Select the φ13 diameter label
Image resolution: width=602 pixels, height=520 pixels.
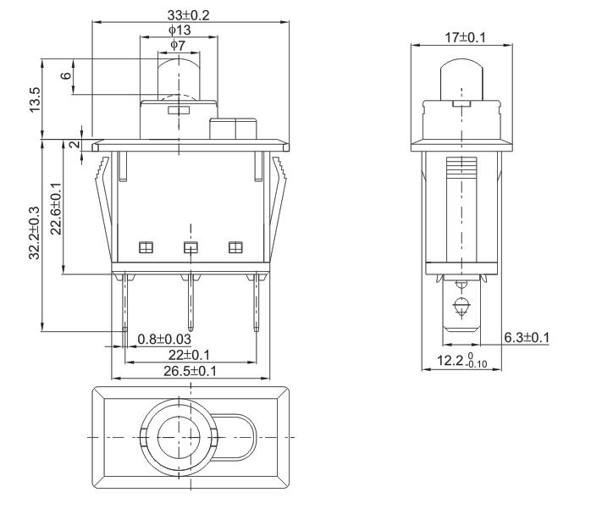(179, 30)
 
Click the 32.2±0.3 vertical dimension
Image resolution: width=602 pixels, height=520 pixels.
(35, 234)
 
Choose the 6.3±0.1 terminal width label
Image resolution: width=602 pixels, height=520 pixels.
(527, 338)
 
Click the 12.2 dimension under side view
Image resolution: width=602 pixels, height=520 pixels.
(461, 362)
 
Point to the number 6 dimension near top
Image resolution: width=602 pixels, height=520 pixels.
(65, 76)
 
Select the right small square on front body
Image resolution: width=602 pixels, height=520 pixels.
(235, 247)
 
